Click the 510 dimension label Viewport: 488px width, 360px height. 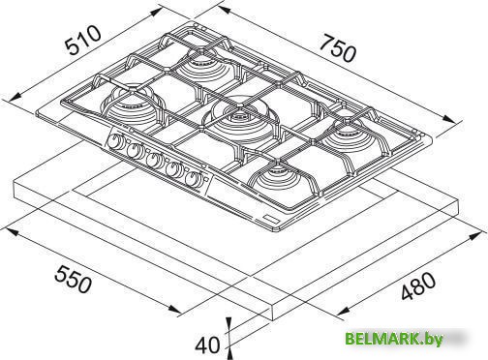tap(82, 41)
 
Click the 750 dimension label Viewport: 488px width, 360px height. tap(338, 49)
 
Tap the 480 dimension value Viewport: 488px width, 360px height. tap(418, 285)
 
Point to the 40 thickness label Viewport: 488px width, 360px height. tap(206, 345)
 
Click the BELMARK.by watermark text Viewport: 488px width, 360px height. tap(393, 340)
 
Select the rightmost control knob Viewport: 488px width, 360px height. tap(194, 178)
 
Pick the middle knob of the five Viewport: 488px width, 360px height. tap(152, 160)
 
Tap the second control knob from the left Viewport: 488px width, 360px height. tap(134, 151)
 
